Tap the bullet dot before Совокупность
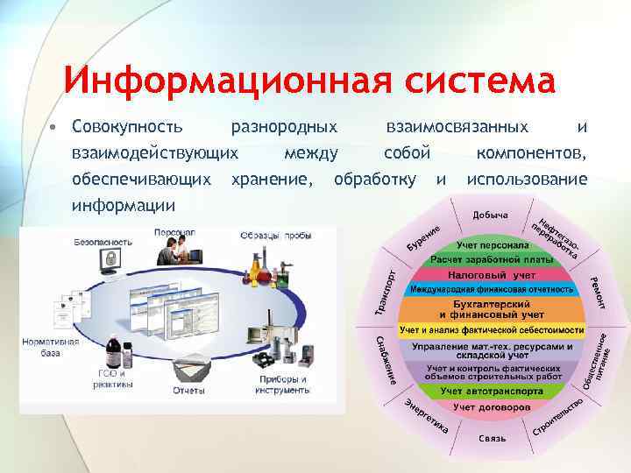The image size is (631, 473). coord(53,127)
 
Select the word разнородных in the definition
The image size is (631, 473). coord(283,128)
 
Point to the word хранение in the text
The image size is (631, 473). coord(269,180)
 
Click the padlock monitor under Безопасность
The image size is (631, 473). coord(111,259)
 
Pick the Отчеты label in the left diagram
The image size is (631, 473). coord(189,391)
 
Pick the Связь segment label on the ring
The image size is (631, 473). coord(492,437)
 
